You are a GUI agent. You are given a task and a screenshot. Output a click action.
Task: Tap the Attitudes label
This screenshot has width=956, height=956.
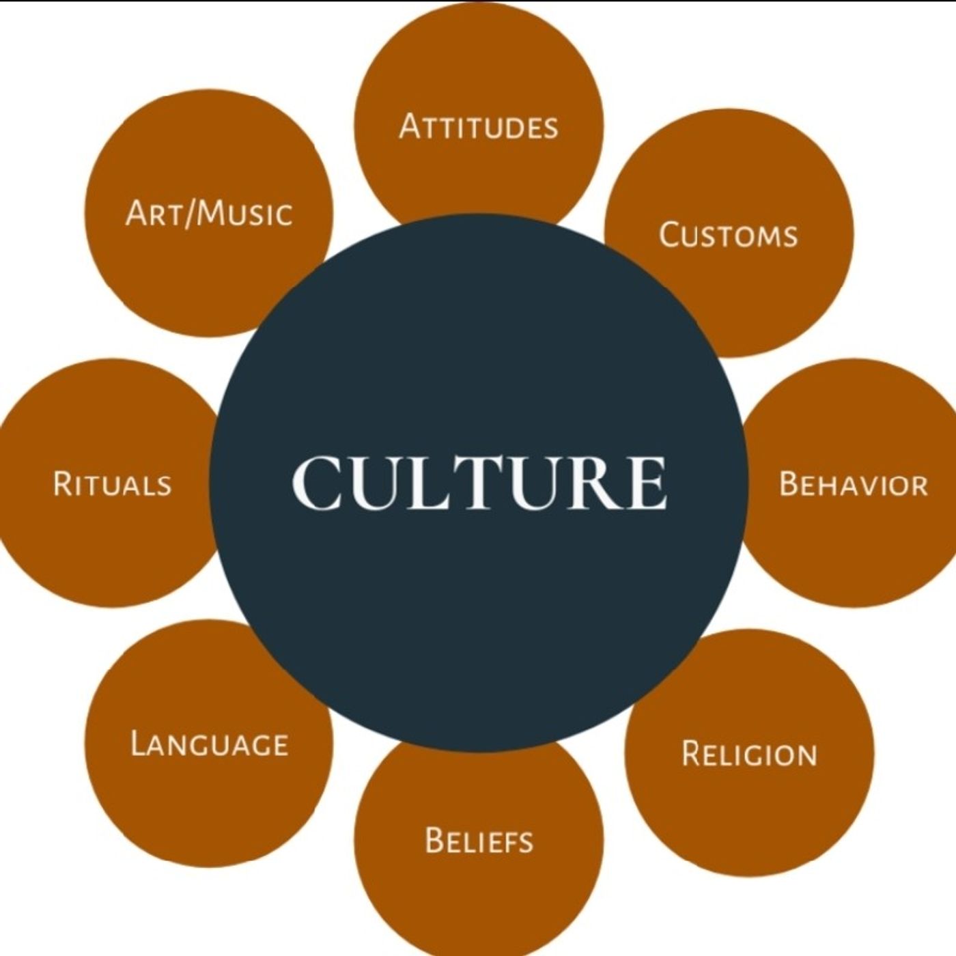click(479, 126)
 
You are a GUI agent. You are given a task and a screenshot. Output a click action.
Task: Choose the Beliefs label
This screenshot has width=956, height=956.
click(479, 840)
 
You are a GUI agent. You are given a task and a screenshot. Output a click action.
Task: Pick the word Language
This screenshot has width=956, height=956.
click(210, 744)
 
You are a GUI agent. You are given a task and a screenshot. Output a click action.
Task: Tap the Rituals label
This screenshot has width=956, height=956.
click(112, 483)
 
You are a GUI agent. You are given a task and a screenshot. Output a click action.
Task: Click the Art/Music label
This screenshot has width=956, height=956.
click(209, 214)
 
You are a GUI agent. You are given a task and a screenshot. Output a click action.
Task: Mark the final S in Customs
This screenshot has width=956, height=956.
click(790, 237)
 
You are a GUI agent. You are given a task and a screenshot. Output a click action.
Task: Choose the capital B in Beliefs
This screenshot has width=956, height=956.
click(434, 840)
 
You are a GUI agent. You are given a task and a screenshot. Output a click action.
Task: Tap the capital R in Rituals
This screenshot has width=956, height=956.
click(63, 483)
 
